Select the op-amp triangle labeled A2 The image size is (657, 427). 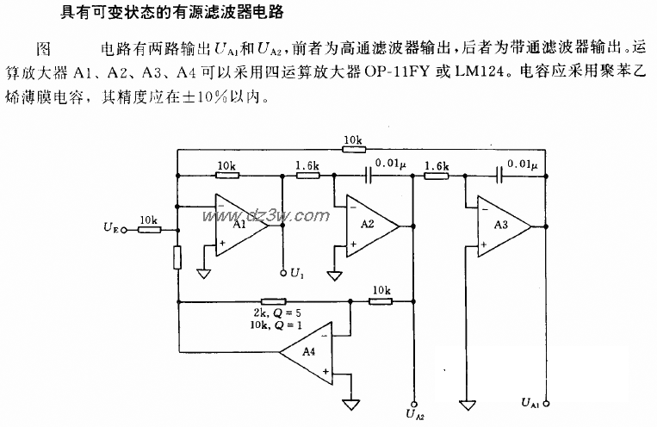(x=369, y=226)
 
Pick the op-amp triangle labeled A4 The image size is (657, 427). (x=306, y=351)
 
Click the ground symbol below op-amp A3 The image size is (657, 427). (x=467, y=404)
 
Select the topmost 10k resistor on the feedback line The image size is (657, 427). (x=351, y=149)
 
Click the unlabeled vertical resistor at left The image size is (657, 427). (x=177, y=257)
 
